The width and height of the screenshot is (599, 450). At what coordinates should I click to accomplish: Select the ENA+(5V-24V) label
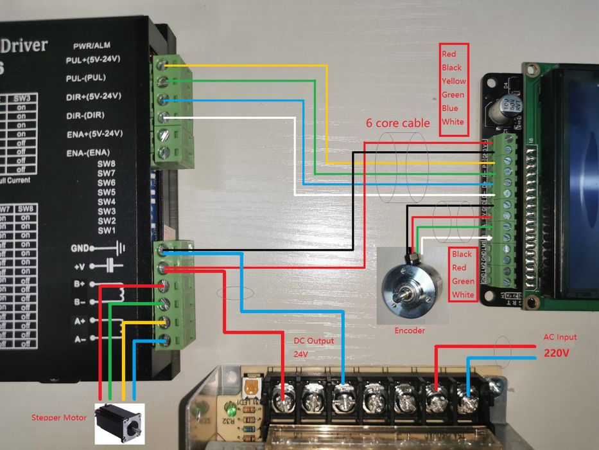pyautogui.click(x=94, y=134)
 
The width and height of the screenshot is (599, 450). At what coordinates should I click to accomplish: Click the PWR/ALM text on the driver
pyautogui.click(x=92, y=46)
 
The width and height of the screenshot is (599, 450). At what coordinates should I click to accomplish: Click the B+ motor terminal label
pyautogui.click(x=79, y=283)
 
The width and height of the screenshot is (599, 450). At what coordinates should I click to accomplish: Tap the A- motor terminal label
pyautogui.click(x=79, y=339)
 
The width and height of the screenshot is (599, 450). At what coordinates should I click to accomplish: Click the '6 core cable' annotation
pyautogui.click(x=398, y=123)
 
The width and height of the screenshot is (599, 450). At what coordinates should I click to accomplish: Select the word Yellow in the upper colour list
pyautogui.click(x=453, y=81)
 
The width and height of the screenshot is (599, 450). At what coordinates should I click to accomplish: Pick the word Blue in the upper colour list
pyautogui.click(x=450, y=108)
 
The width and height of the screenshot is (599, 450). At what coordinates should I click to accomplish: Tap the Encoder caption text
pyautogui.click(x=410, y=330)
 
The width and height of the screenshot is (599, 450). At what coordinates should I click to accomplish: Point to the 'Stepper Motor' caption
pyautogui.click(x=58, y=418)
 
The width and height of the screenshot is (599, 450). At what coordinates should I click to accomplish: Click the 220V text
pyautogui.click(x=557, y=353)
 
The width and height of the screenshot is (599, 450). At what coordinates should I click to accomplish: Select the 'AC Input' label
pyautogui.click(x=560, y=337)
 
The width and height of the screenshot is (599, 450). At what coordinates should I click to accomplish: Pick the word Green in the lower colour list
pyautogui.click(x=463, y=281)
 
